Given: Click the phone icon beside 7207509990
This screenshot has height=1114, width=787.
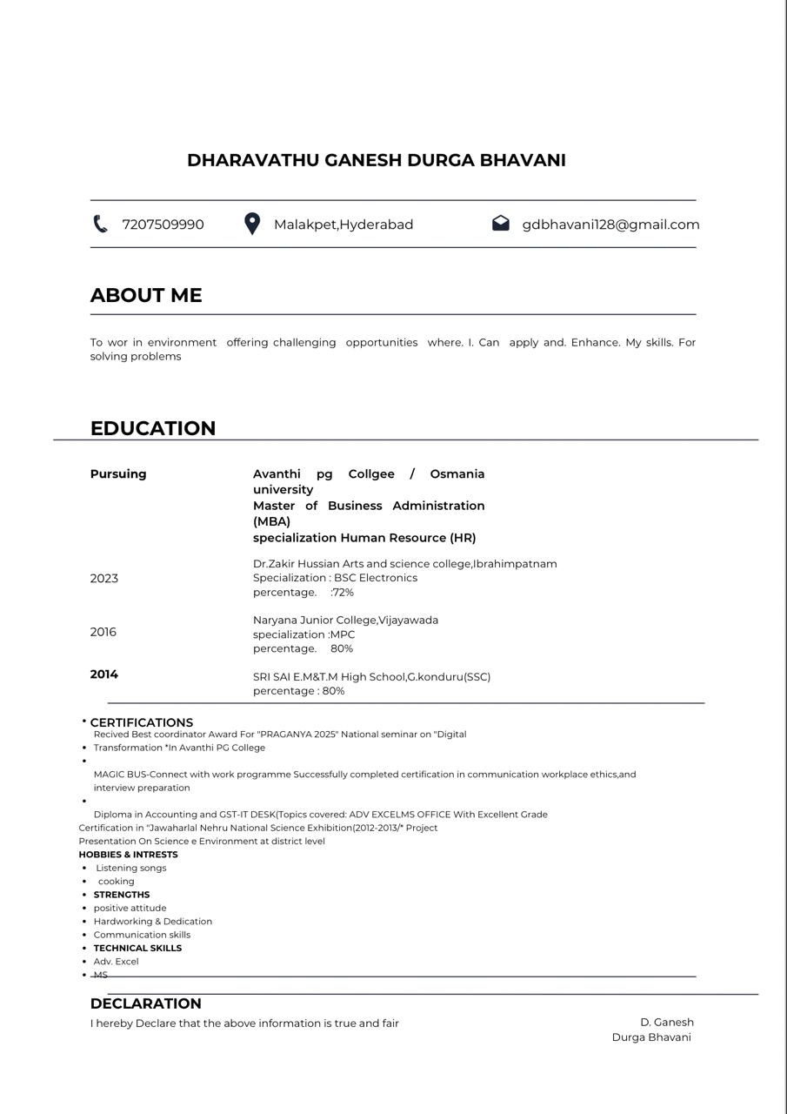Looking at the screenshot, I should click(100, 225).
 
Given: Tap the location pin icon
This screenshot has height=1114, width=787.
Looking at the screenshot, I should click(252, 224).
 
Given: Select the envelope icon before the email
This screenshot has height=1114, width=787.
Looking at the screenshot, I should click(500, 224).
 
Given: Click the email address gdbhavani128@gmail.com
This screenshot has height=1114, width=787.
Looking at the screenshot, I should click(610, 225).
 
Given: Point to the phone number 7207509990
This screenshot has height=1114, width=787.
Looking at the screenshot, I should click(163, 225).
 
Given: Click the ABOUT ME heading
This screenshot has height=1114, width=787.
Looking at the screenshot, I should click(146, 295).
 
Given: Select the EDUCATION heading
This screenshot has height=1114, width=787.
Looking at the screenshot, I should click(153, 428).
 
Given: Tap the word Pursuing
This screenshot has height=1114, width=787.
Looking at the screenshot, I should click(118, 474).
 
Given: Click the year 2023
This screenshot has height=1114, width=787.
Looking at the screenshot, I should click(103, 579).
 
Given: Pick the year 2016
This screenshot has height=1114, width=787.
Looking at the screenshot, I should click(103, 633).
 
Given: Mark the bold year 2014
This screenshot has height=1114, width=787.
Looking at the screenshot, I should click(103, 674).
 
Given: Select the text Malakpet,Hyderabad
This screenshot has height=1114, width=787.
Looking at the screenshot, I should click(343, 225).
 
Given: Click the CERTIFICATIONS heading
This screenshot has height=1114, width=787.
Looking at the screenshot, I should click(142, 722).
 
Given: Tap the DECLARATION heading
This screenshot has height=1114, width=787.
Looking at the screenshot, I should click(145, 1003).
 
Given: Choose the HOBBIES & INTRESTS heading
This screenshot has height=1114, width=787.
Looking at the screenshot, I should click(128, 855).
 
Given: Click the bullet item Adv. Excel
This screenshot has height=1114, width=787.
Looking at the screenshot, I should click(116, 962).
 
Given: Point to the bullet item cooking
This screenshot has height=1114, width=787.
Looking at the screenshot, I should click(116, 882).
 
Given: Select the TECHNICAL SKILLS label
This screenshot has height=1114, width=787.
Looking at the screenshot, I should click(137, 948).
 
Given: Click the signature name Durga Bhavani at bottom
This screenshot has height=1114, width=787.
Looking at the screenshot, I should click(651, 1037).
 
